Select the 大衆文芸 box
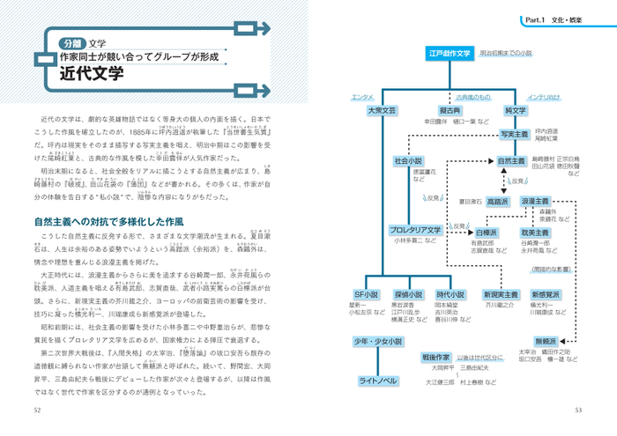coord(381,111)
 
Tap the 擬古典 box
coord(450,111)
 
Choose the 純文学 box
coord(516,111)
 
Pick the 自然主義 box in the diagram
coord(511,161)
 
